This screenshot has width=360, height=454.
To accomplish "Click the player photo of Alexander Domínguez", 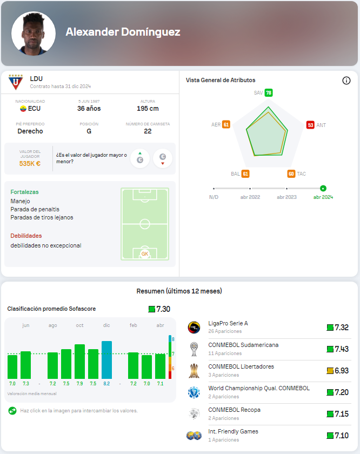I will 34,34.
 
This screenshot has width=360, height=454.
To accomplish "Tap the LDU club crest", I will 16,82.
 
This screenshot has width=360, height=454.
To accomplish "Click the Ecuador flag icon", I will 23,109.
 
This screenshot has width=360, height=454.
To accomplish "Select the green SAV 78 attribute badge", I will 269,93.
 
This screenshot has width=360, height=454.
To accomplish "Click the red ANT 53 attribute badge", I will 310,125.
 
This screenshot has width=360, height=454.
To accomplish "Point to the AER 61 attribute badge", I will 226,125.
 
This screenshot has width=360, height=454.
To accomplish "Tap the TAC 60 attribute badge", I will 291,174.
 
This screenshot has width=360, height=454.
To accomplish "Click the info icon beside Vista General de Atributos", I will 346,81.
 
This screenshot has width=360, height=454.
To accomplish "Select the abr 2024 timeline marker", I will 323,189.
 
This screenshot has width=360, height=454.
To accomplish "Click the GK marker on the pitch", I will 144,253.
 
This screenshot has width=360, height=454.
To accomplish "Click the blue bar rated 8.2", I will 106,359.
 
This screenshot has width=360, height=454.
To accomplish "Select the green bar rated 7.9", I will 79,361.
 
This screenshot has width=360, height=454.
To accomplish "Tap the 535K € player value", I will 30,163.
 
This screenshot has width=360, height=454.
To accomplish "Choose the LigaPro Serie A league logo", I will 194,328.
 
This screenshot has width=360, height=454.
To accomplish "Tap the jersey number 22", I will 148,131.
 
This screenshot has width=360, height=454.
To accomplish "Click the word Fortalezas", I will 24,192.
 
